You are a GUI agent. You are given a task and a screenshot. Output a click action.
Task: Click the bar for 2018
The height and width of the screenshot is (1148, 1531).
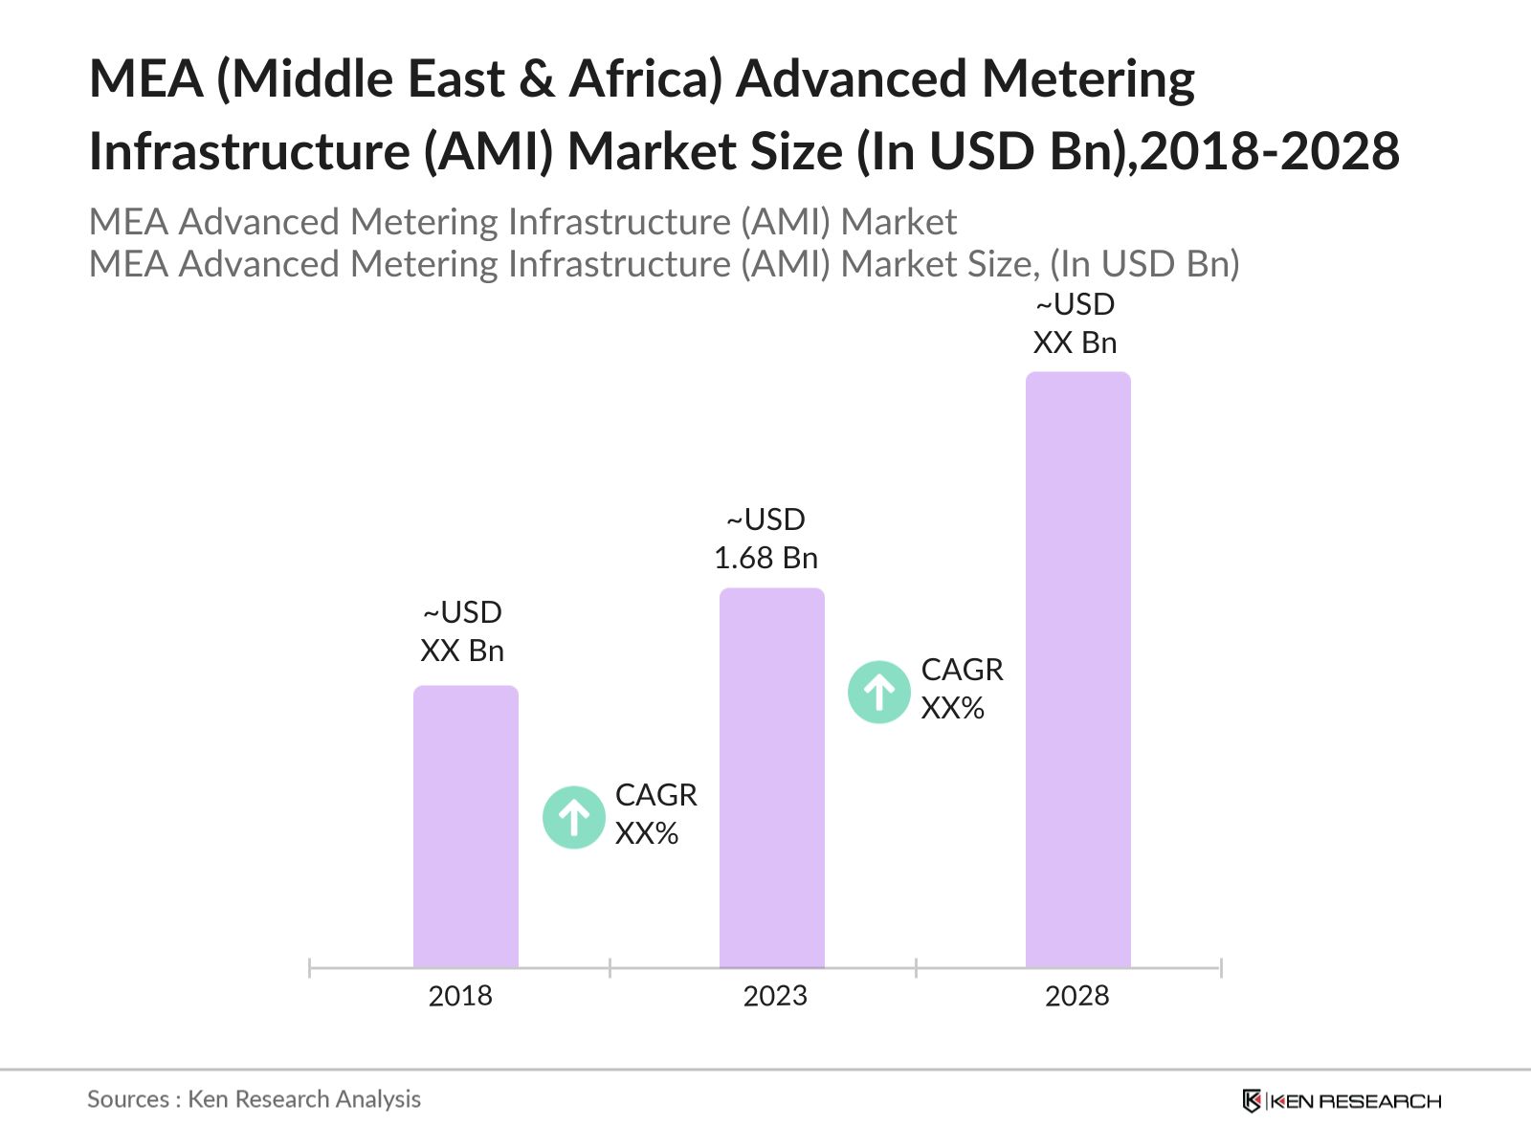[x=465, y=827]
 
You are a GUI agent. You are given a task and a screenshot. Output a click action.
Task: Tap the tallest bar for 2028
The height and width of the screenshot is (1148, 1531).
[x=1077, y=670]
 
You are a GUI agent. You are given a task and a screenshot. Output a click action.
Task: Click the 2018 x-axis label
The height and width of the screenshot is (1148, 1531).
[x=460, y=996]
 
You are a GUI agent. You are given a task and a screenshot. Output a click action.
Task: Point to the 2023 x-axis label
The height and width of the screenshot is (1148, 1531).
[x=775, y=996]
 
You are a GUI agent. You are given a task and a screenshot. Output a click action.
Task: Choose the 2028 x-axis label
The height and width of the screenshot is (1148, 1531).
[x=1076, y=996]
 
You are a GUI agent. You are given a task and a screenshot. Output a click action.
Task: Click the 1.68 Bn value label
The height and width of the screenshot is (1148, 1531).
[x=765, y=558]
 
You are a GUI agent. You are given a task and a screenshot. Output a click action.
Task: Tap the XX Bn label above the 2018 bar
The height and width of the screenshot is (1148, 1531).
[x=462, y=651]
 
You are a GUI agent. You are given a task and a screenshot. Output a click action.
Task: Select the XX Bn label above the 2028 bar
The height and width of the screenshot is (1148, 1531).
[x=1075, y=342]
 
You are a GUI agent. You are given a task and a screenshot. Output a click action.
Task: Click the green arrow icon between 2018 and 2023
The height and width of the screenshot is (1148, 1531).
[x=574, y=818]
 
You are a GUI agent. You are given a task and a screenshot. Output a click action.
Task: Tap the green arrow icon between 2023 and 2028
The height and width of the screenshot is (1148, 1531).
[x=879, y=692]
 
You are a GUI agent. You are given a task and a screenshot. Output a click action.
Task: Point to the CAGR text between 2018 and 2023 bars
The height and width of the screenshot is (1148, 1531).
[x=655, y=795]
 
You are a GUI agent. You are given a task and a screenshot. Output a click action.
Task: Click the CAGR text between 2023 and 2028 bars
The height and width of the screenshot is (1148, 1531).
[x=962, y=670]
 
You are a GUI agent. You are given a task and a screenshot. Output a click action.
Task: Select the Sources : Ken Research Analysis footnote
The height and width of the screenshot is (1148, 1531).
[x=254, y=1099]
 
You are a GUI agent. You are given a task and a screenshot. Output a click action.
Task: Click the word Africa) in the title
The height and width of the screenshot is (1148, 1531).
[x=645, y=78]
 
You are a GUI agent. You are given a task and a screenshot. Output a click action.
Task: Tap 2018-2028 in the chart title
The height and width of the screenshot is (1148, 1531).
[x=1270, y=151]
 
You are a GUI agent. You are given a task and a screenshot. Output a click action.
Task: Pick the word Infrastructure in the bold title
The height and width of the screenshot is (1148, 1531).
[x=249, y=151]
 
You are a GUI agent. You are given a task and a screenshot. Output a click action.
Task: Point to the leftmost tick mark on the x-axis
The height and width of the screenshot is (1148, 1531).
[x=310, y=968]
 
